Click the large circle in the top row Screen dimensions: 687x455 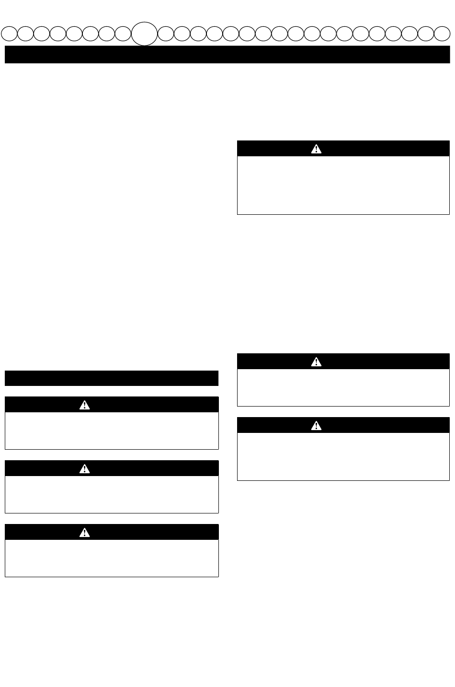[144, 34]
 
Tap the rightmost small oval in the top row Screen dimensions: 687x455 [442, 34]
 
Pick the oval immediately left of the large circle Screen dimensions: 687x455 [123, 34]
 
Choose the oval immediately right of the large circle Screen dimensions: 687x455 [166, 34]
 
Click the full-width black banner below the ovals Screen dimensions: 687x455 [227, 55]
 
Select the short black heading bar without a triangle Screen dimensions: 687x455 [112, 378]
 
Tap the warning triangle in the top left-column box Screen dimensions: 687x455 [84, 405]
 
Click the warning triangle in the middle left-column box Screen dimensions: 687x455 [84, 469]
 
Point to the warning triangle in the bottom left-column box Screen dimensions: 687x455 [84, 532]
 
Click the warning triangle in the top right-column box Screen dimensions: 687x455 [316, 149]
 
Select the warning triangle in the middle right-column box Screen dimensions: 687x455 [316, 361]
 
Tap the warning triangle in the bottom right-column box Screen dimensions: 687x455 [316, 425]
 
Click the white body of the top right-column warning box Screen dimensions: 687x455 [343, 185]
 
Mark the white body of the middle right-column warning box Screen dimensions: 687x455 [343, 387]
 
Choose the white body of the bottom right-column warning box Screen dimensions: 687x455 [343, 456]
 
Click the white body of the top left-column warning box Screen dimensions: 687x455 [112, 431]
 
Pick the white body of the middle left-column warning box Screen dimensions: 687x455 [112, 494]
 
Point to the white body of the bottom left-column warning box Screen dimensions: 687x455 [112, 558]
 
